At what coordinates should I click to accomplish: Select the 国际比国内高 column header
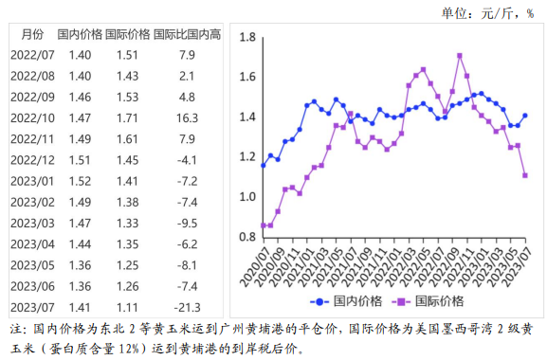[187, 34]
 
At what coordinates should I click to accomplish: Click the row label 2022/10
[33, 117]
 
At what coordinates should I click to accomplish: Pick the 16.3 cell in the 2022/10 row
[187, 117]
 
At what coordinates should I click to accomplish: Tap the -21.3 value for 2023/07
[187, 308]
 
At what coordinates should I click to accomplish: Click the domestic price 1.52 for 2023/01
[81, 181]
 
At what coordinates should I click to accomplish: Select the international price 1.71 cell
[127, 117]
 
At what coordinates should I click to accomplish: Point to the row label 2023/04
[33, 244]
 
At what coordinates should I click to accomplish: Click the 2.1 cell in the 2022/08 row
[187, 76]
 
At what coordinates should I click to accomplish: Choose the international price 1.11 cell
[127, 308]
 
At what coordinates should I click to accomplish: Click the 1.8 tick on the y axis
[248, 37]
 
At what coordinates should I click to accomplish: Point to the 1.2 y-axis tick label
[248, 156]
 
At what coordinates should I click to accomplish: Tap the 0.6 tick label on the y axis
[248, 277]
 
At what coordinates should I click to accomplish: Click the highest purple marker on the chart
[460, 55]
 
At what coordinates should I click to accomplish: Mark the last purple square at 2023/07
[525, 175]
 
